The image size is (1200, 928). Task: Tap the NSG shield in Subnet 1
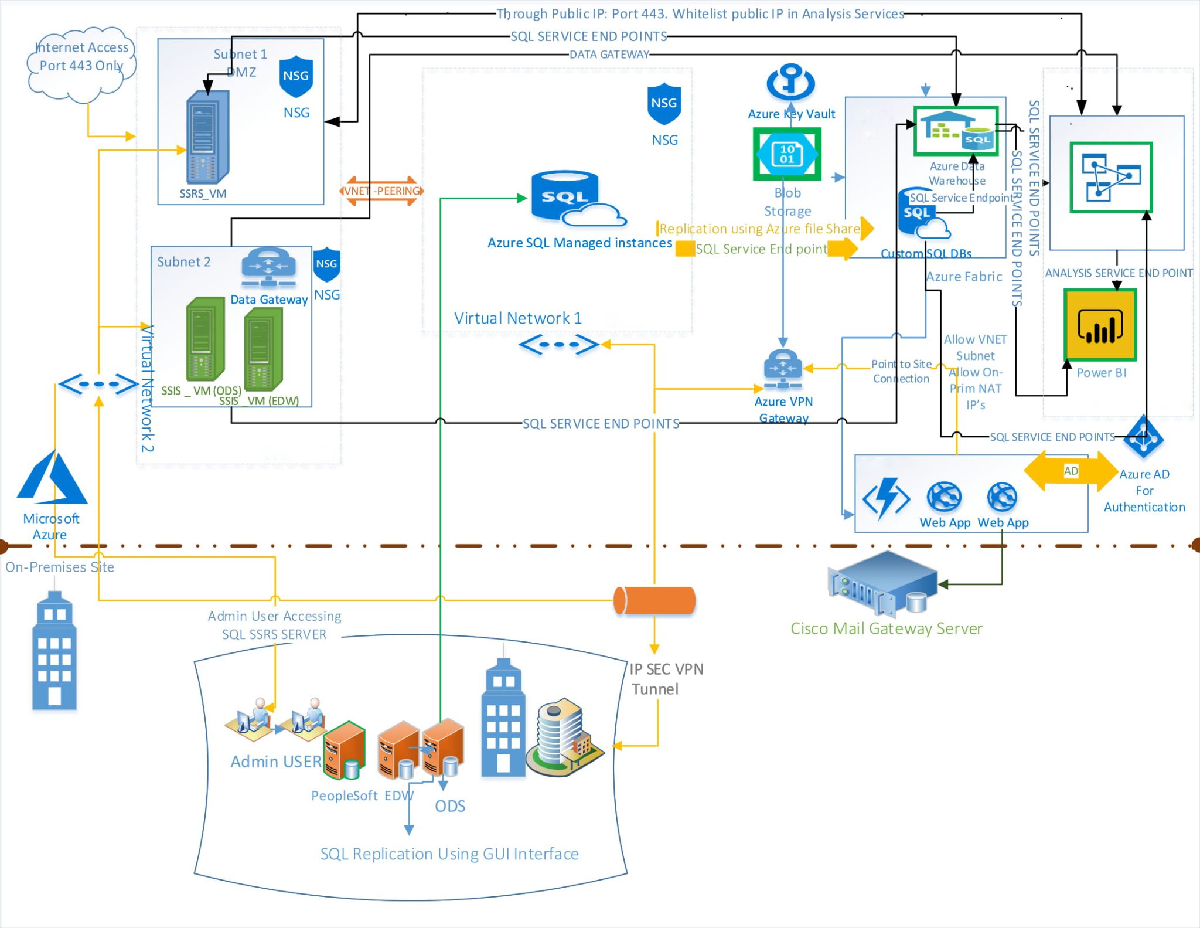[296, 77]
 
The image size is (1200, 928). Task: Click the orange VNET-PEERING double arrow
[381, 191]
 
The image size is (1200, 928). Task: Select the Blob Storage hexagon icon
[787, 154]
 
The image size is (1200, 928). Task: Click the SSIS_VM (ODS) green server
[205, 339]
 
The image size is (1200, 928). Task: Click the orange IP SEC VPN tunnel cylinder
[654, 600]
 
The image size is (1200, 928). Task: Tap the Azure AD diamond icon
[1143, 437]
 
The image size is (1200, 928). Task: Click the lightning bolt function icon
[886, 498]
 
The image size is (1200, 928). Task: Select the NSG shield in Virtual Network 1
[664, 104]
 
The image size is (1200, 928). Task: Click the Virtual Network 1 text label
[518, 318]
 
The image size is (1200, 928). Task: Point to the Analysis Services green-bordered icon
[1111, 177]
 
